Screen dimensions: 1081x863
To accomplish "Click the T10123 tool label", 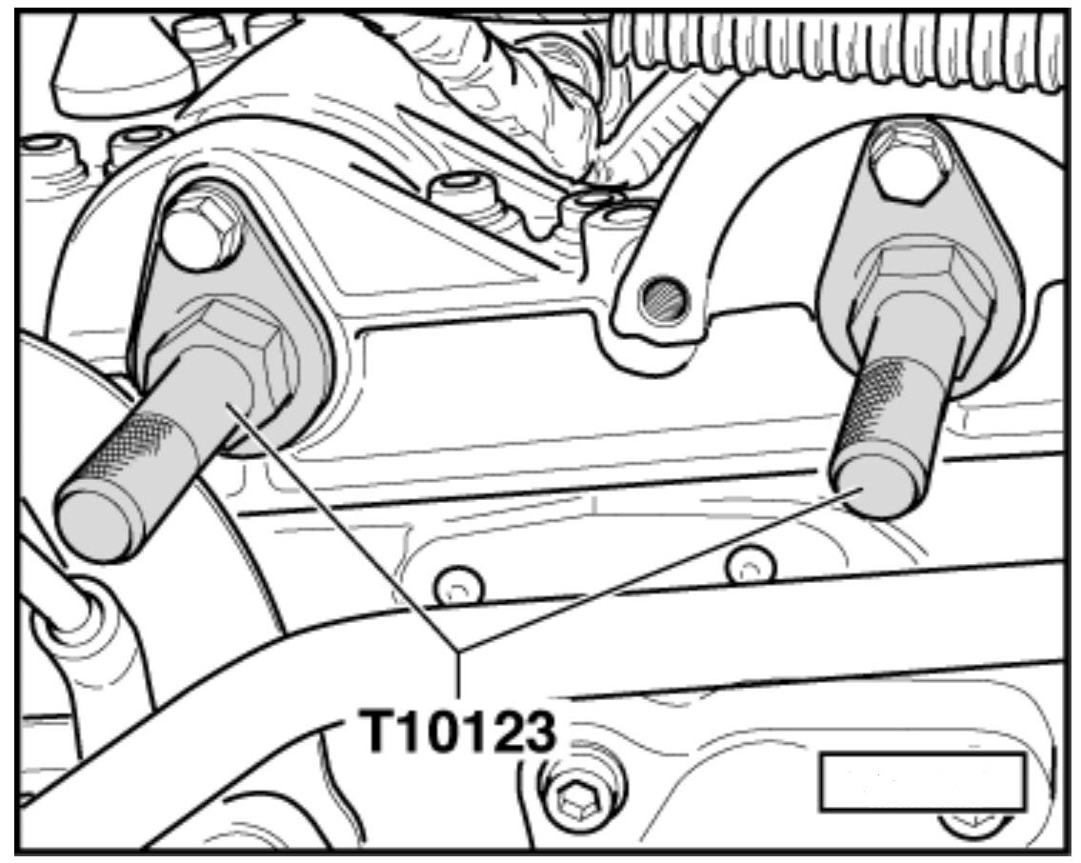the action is (458, 732).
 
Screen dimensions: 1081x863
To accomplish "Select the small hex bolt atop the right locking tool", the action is (905, 165).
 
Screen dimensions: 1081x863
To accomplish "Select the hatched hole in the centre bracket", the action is (663, 299).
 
